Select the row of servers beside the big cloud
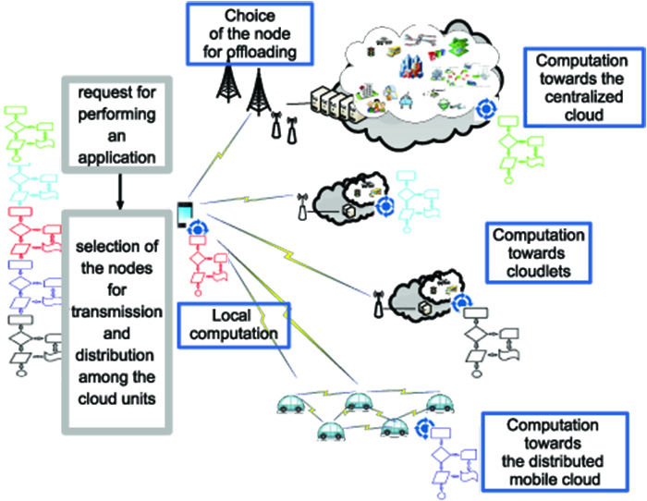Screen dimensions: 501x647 coord(336,105)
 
